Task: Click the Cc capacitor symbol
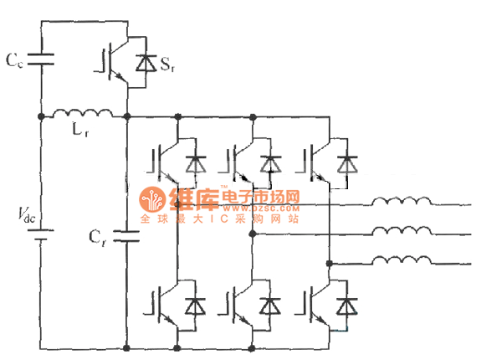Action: click(41, 59)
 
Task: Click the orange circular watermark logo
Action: click(153, 200)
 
